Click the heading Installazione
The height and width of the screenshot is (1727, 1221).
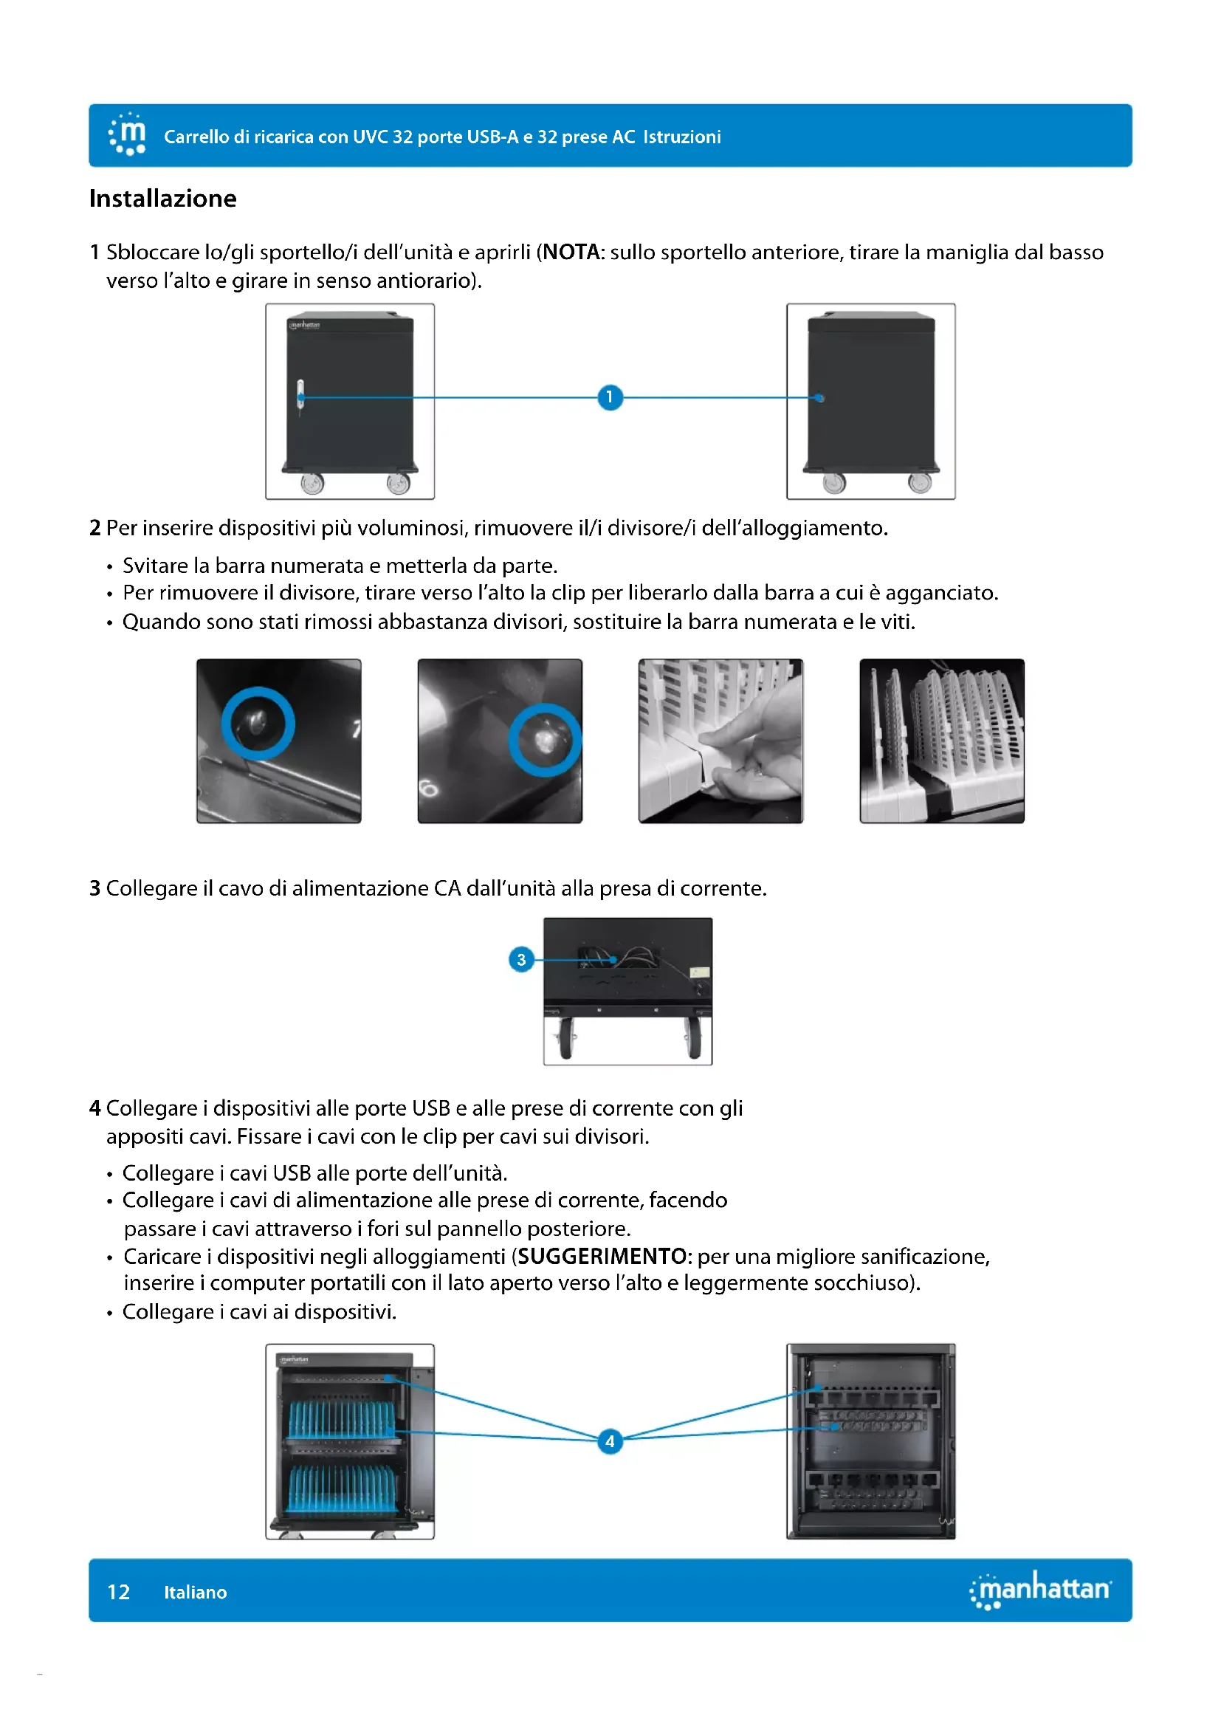pyautogui.click(x=162, y=199)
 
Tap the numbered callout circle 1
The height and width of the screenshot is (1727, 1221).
pyautogui.click(x=610, y=396)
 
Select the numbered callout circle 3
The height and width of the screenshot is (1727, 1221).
pyautogui.click(x=521, y=959)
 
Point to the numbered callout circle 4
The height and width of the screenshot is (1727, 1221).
pyautogui.click(x=610, y=1441)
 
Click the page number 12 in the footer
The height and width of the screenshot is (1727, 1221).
pyautogui.click(x=119, y=1592)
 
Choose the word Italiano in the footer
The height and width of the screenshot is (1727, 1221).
pyautogui.click(x=196, y=1592)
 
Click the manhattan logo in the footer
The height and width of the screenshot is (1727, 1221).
pyautogui.click(x=1041, y=1589)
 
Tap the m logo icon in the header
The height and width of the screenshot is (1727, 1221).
pyautogui.click(x=128, y=134)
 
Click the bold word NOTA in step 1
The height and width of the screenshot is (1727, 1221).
pyautogui.click(x=571, y=252)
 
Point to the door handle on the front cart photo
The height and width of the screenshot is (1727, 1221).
pyautogui.click(x=300, y=396)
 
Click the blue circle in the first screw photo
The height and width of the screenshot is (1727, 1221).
pyautogui.click(x=258, y=724)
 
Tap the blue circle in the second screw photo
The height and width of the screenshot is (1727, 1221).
pyautogui.click(x=545, y=739)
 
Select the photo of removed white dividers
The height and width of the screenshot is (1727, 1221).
pyautogui.click(x=941, y=741)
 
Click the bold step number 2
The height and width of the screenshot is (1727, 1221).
pyautogui.click(x=94, y=528)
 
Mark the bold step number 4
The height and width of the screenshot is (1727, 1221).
pyautogui.click(x=94, y=1108)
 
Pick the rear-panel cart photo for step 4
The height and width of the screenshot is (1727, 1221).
pyautogui.click(x=870, y=1441)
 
